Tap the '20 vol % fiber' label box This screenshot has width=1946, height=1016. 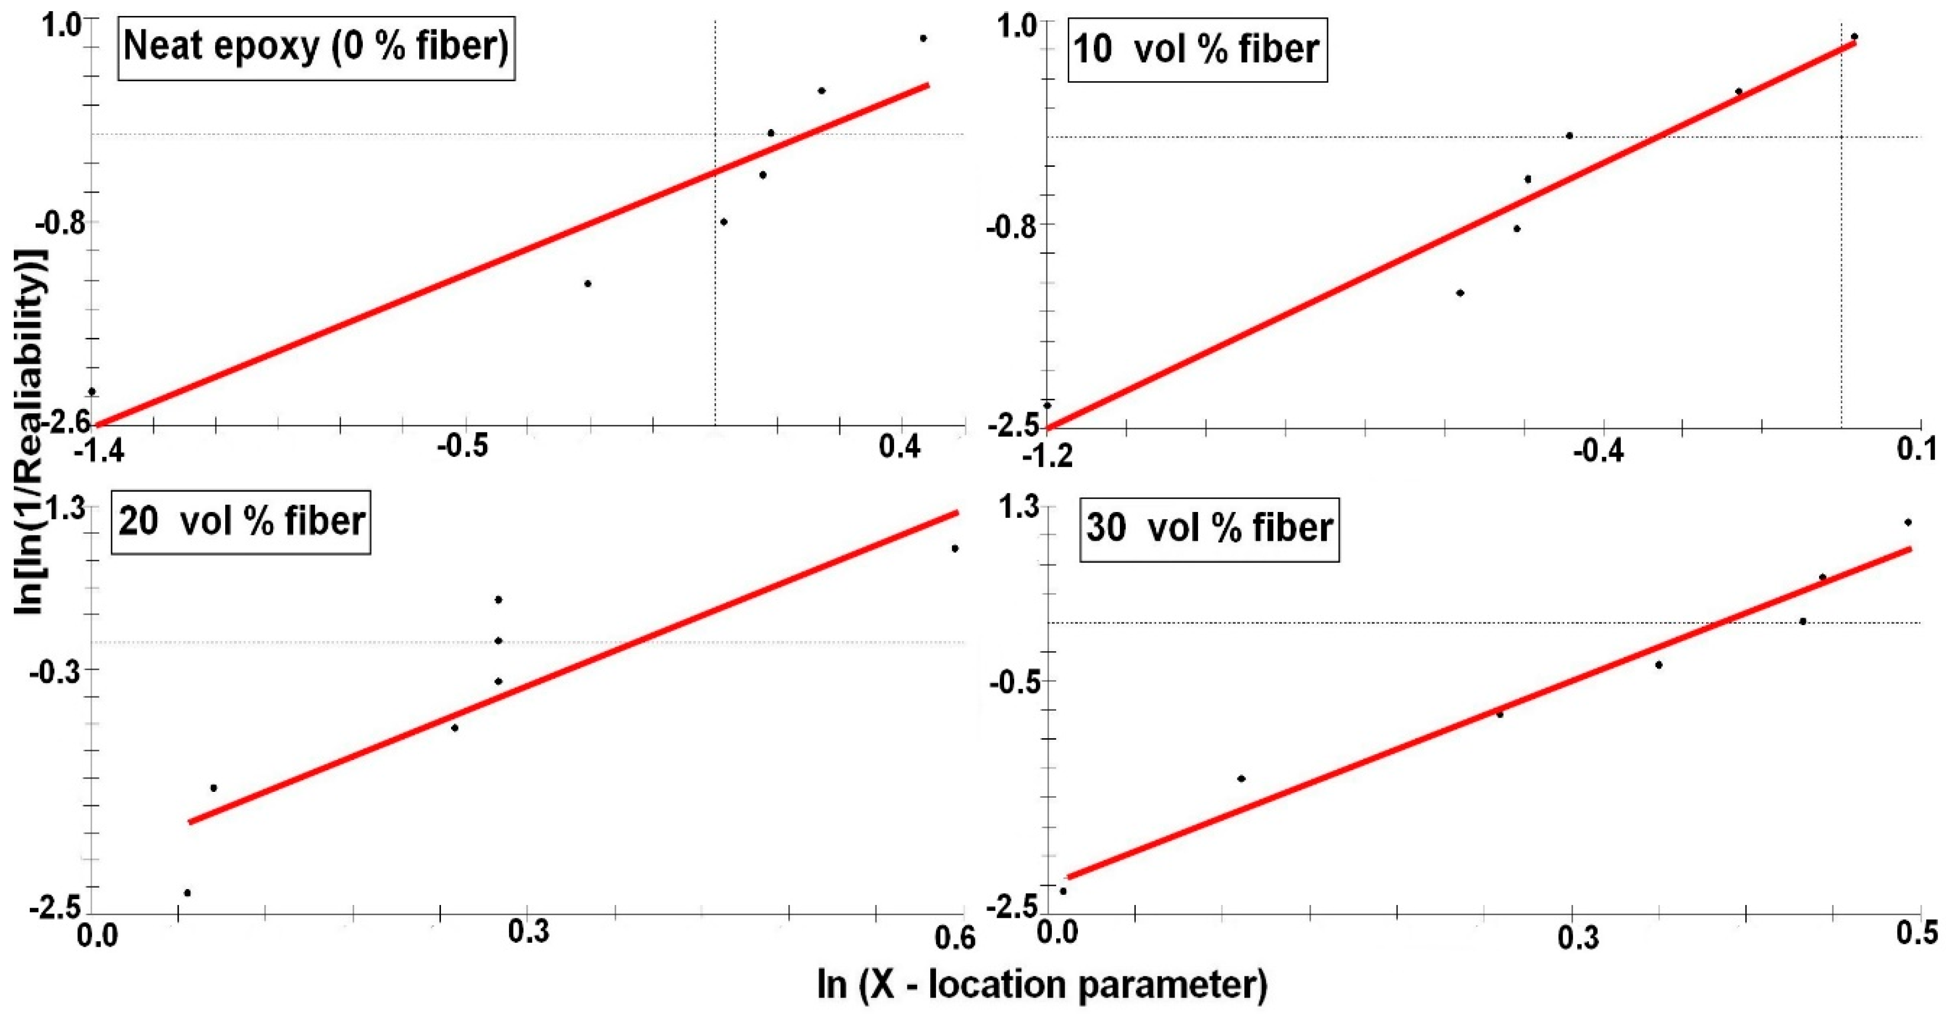[x=242, y=521]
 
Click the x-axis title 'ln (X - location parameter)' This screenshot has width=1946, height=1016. [x=1042, y=984]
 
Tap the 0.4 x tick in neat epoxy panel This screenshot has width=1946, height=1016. [x=901, y=447]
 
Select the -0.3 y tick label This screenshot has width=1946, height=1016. [x=54, y=671]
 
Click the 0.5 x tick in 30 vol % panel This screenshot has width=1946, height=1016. [x=1917, y=934]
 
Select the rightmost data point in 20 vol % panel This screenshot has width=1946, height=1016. [x=955, y=549]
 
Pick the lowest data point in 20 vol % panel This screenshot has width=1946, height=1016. [x=188, y=893]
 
